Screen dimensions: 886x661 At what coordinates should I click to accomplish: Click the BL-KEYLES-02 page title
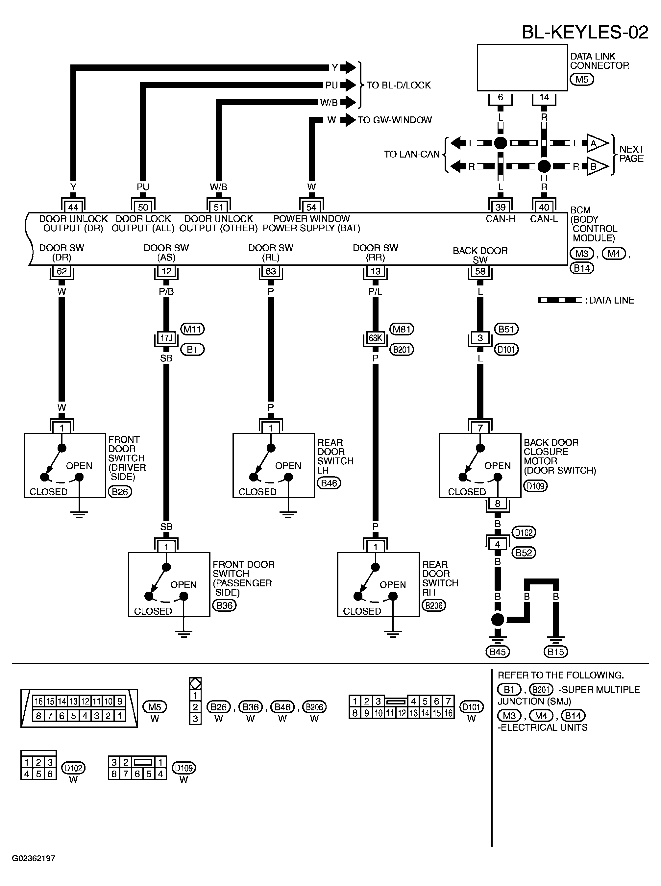click(x=585, y=32)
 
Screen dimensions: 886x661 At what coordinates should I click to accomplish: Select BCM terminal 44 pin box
click(x=73, y=207)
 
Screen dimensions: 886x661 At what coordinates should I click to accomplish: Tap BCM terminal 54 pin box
click(x=311, y=207)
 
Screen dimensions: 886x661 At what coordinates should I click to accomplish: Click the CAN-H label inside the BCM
click(x=500, y=219)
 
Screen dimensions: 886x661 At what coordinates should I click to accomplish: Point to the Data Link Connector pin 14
click(x=544, y=97)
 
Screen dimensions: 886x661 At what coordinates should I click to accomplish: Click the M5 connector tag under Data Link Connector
click(x=581, y=79)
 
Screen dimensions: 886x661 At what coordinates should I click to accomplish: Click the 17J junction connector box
click(x=166, y=338)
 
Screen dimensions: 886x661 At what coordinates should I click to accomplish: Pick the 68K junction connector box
click(x=375, y=338)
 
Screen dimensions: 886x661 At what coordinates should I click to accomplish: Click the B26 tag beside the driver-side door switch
click(x=120, y=491)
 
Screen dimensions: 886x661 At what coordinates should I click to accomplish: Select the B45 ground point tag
click(x=498, y=652)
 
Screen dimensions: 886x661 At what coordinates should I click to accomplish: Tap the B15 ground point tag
click(x=556, y=652)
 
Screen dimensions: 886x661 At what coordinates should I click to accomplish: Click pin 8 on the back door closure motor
click(x=498, y=504)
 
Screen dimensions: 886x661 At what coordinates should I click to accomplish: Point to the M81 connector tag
click(x=401, y=329)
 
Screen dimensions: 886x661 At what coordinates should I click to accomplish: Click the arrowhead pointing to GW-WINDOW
click(x=350, y=120)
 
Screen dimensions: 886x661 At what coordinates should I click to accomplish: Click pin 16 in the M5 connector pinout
click(x=38, y=701)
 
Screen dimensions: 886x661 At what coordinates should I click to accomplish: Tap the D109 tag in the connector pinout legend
click(x=184, y=768)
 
